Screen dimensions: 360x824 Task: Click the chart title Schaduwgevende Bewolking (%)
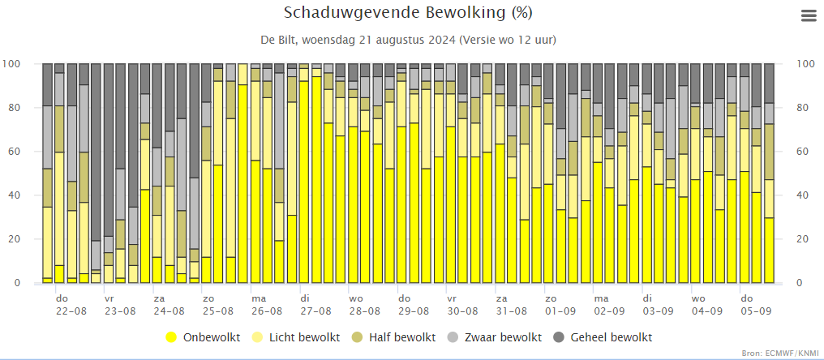409,13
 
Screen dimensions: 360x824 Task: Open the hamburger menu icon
808,15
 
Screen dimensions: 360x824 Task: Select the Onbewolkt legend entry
202,337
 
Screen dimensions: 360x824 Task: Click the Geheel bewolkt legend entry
603,337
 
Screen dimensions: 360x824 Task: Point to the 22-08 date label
71,311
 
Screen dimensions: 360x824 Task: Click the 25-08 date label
217,311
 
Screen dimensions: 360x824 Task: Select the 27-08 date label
315,311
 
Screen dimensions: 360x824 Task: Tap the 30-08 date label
462,311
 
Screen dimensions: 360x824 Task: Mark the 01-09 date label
560,311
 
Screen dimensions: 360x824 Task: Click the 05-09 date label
756,311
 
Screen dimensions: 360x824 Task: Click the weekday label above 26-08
258,298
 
